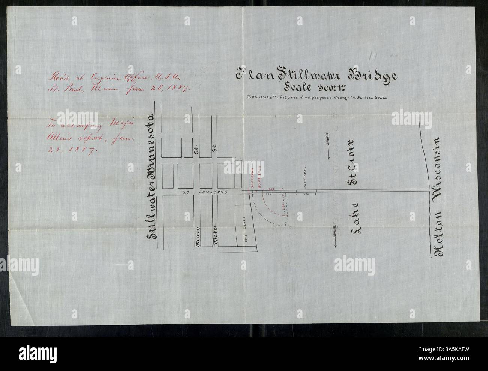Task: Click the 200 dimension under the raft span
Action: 306,194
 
